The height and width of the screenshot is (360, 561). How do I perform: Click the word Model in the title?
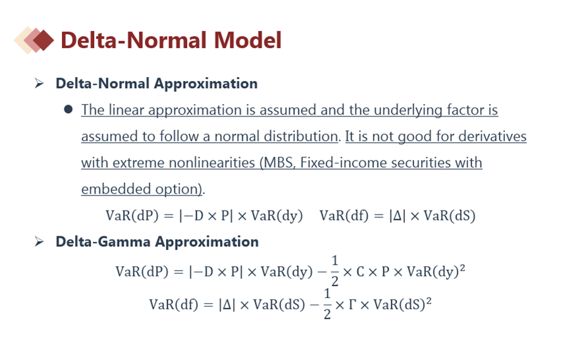click(x=248, y=40)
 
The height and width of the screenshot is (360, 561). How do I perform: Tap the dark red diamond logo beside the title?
click(x=43, y=40)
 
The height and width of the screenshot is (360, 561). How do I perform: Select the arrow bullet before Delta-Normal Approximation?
click(x=39, y=84)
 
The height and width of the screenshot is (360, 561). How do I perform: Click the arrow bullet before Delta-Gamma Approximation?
click(x=39, y=242)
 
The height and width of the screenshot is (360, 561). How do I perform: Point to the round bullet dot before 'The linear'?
click(x=68, y=109)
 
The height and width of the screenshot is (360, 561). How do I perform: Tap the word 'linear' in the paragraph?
click(x=126, y=110)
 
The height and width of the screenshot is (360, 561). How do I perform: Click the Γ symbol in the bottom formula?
click(x=352, y=305)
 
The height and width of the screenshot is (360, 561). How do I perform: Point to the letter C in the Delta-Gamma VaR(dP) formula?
click(x=360, y=272)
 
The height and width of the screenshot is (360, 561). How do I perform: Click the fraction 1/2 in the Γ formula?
click(x=327, y=304)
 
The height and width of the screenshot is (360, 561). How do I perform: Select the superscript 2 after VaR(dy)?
click(x=462, y=267)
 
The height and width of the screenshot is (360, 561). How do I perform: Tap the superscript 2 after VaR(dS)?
click(x=429, y=301)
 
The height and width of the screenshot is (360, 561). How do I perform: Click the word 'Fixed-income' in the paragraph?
click(x=343, y=163)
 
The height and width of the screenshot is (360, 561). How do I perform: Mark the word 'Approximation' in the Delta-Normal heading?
click(x=206, y=84)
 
